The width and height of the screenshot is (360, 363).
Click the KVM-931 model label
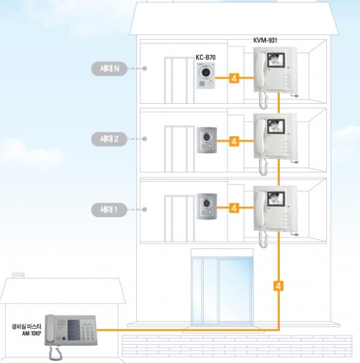265,40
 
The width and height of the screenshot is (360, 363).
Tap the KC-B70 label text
206,57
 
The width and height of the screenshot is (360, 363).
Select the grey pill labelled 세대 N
109,69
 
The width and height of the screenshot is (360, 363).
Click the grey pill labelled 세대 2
109,139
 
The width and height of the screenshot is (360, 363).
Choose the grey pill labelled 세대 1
109,210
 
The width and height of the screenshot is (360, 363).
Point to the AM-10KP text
32,333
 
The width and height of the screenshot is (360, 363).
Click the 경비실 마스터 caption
27,327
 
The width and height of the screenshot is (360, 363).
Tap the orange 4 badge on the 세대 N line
234,78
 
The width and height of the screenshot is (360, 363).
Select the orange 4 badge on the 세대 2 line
234,141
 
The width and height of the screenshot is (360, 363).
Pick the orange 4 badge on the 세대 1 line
234,207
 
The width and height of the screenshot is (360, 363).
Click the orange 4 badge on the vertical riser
278,286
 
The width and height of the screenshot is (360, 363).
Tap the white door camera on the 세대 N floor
206,75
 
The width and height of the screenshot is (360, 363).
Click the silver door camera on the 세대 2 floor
207,140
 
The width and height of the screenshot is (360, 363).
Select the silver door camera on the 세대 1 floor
207,206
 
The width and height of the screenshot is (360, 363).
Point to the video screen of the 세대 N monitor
276,60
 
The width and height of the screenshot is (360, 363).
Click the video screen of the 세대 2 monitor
276,127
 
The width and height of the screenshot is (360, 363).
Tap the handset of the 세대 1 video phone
261,209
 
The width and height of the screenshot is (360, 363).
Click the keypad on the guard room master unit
88,332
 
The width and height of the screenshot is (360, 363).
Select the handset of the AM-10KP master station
50,329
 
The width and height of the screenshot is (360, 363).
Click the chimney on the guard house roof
18,276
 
